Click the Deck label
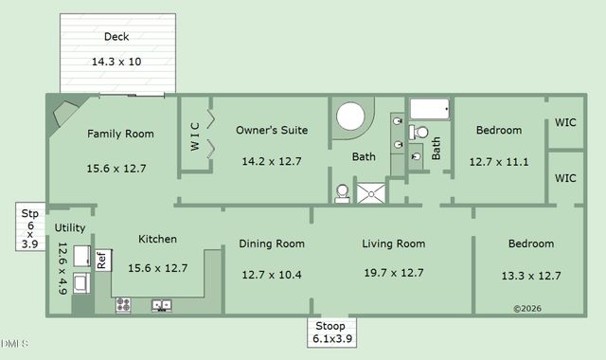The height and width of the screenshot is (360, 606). (x=116, y=38)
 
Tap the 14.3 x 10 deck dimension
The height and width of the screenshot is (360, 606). (x=116, y=62)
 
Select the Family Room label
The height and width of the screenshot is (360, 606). (x=119, y=134)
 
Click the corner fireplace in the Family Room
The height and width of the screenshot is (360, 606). (x=64, y=116)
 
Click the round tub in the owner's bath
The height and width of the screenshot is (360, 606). (x=351, y=118)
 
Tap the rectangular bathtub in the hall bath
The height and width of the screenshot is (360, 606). (x=431, y=110)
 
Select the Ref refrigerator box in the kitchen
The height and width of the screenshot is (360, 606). (x=101, y=260)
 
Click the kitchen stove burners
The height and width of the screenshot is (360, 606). (x=123, y=305)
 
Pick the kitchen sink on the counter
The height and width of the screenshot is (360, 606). (x=161, y=305)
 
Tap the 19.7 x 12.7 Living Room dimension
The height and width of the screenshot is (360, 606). (x=393, y=274)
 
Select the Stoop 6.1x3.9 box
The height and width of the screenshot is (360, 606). (x=330, y=333)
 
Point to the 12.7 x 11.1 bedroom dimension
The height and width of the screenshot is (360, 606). (x=498, y=161)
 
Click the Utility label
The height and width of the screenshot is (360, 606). (x=69, y=228)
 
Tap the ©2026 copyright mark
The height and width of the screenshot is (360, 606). (x=527, y=308)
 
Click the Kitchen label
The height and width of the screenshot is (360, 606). (x=157, y=240)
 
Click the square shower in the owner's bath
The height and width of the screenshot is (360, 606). (x=372, y=192)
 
